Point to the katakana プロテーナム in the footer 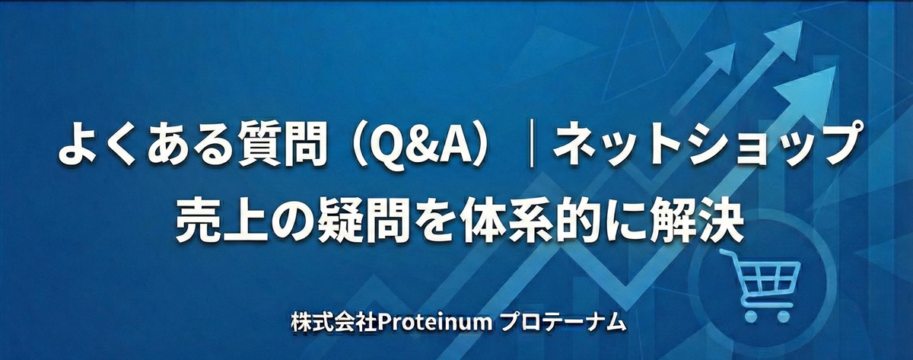563,322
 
